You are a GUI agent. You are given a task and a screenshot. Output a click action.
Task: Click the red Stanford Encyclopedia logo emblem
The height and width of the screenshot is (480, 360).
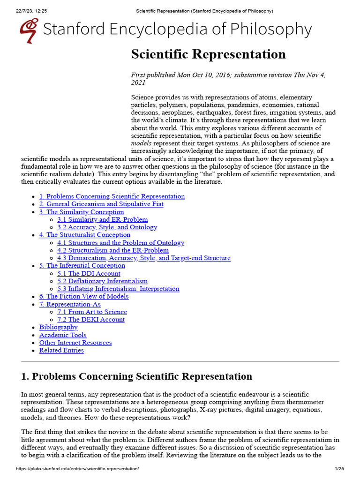[29, 30]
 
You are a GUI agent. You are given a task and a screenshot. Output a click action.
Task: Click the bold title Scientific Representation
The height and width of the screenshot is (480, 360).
[208, 54]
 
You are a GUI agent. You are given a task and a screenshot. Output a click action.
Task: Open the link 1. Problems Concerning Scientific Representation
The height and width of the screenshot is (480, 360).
[112, 196]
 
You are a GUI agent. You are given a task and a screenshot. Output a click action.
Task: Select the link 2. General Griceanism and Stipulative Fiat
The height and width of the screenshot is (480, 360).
[101, 204]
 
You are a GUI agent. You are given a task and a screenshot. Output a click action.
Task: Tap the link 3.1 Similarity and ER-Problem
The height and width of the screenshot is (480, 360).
[103, 219]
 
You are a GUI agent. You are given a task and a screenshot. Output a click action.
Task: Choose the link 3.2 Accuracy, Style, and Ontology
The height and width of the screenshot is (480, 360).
[107, 227]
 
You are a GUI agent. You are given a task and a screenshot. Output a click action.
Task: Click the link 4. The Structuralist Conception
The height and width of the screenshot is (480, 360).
[85, 235]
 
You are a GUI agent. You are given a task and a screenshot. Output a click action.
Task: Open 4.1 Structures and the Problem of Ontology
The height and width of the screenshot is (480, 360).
[121, 243]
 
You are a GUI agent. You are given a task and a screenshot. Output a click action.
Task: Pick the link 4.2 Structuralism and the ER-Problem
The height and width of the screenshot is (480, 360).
[113, 250]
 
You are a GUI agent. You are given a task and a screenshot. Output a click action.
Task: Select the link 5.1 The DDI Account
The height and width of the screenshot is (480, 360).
[89, 273]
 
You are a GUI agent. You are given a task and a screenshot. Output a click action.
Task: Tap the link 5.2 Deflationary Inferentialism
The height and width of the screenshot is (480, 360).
[103, 281]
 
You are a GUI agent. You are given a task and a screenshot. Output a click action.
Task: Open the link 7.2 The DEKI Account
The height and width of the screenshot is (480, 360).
[91, 320]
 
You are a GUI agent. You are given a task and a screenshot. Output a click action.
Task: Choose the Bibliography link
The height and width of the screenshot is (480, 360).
[59, 327]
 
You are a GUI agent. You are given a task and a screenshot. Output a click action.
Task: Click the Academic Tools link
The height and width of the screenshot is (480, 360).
[63, 335]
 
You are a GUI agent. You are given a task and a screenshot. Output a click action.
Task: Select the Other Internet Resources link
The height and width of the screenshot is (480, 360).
[75, 343]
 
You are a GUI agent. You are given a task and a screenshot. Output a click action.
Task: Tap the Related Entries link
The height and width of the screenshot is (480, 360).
[61, 350]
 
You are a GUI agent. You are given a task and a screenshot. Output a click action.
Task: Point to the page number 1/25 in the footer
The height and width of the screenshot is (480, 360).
[339, 469]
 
